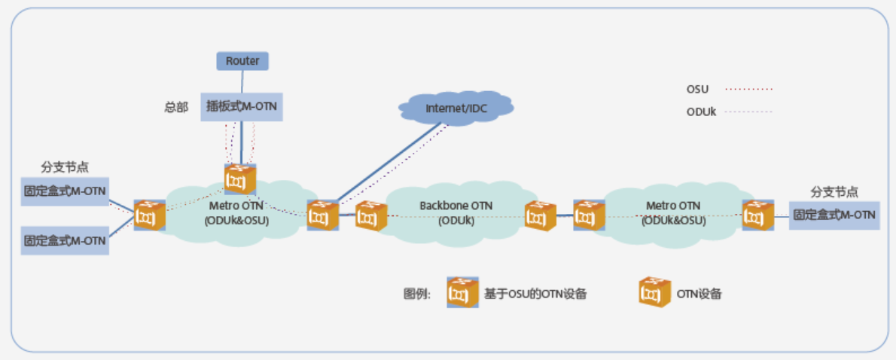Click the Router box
point(242,60)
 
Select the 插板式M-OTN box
point(242,107)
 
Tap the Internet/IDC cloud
point(456,108)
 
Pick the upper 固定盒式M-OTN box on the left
point(65,191)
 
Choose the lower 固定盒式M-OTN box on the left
point(65,241)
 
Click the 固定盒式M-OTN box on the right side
point(834,215)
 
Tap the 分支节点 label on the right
point(834,191)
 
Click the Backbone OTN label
point(456,205)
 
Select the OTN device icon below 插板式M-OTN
point(240,180)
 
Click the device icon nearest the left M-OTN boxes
point(149,215)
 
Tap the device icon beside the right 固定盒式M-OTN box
point(757,215)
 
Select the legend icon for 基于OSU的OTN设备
point(462,292)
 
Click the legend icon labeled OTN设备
point(654,292)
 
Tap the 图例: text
point(417,294)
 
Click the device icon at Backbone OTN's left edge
point(371,216)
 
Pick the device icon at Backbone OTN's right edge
point(541,216)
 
